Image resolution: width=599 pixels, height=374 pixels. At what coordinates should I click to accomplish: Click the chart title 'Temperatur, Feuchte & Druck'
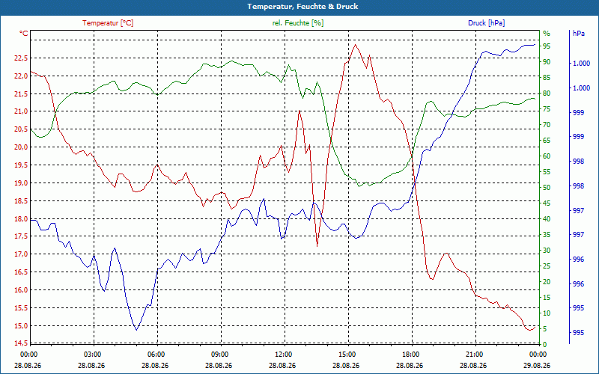click(x=302, y=7)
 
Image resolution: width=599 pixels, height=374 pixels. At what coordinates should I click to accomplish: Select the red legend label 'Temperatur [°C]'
click(x=108, y=23)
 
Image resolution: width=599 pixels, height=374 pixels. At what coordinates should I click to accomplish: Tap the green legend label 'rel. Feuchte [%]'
click(x=298, y=23)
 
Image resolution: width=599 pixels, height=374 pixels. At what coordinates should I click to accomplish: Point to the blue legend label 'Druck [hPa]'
click(x=486, y=23)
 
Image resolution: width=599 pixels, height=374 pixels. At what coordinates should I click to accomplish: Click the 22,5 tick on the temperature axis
click(x=21, y=58)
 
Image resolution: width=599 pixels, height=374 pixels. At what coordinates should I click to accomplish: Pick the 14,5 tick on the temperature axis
click(x=21, y=343)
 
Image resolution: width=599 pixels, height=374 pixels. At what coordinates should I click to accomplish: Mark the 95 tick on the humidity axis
click(x=547, y=46)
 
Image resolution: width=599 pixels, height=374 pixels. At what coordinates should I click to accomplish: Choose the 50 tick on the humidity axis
click(x=547, y=188)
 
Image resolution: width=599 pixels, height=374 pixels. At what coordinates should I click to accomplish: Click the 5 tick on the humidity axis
click(x=545, y=328)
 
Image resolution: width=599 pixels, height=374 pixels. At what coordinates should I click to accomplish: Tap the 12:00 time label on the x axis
click(x=284, y=354)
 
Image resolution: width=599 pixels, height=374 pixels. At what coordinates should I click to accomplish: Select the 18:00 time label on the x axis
click(x=411, y=354)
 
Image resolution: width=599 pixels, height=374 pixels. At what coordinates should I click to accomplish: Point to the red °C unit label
click(x=24, y=34)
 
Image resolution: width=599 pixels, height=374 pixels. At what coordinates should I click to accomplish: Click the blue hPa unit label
click(x=579, y=34)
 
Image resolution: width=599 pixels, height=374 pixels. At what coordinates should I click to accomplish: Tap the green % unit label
click(x=547, y=34)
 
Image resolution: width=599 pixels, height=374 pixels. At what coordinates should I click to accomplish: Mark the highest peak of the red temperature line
click(x=355, y=44)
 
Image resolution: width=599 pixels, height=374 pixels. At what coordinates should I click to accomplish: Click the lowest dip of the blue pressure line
click(x=136, y=330)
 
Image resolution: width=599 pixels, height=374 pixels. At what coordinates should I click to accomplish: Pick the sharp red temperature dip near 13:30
click(x=317, y=246)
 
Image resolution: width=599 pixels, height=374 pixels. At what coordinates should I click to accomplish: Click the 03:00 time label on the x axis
click(x=92, y=354)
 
